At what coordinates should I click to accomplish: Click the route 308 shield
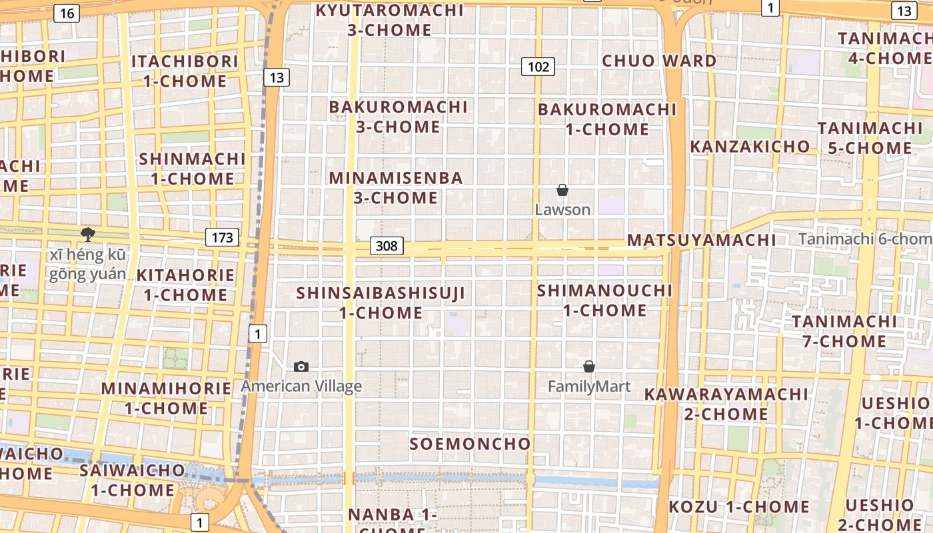(387, 246)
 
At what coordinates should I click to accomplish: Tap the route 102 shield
(538, 66)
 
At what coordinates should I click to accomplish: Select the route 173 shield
(222, 237)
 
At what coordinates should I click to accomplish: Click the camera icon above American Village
(301, 366)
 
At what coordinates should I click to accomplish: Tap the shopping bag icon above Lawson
(562, 190)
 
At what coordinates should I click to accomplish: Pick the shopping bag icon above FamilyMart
(589, 366)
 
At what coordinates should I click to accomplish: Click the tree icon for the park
(87, 234)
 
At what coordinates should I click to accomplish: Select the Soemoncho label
(470, 444)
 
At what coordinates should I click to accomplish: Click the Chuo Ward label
(659, 61)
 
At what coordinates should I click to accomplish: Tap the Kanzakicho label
(750, 147)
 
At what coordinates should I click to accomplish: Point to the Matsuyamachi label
(702, 240)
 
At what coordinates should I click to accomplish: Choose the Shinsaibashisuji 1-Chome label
(381, 302)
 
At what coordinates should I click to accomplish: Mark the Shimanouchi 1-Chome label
(605, 300)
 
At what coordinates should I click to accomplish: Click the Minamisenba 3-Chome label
(397, 188)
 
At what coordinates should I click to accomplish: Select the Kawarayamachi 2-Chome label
(726, 404)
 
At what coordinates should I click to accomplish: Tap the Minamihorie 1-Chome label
(165, 398)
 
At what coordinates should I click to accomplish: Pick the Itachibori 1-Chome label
(185, 71)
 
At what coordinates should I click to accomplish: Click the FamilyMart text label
(589, 386)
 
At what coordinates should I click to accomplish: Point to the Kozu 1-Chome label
(739, 507)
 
